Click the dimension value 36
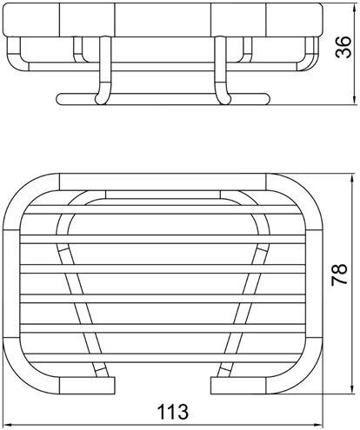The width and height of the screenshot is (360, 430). coord(343,47)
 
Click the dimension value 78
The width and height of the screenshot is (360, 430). coord(339,274)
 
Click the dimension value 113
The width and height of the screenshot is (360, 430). coord(173,412)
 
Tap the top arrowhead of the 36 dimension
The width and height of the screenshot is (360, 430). coord(355,8)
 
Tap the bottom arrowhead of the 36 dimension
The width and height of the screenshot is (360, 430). coord(355,99)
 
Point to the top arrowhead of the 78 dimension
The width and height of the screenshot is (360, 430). coord(352,179)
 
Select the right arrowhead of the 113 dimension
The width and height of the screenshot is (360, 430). coord(318,425)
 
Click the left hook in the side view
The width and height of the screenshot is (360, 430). coord(103,69)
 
